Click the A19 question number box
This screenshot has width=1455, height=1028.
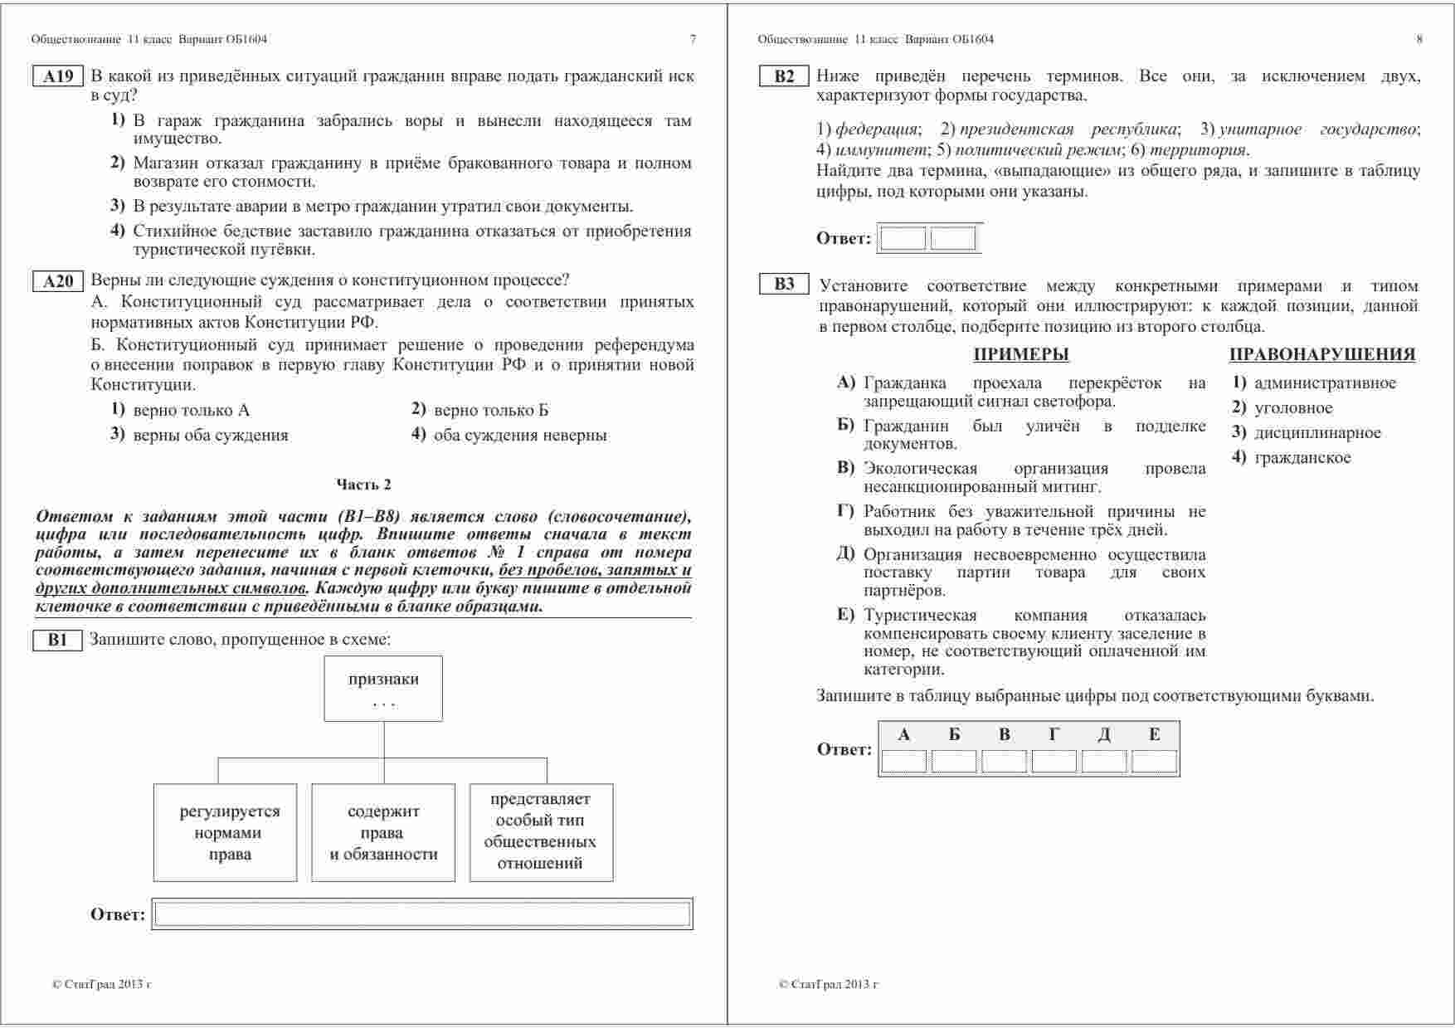click(58, 77)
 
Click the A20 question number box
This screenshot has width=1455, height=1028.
click(58, 282)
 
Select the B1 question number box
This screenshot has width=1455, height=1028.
click(57, 641)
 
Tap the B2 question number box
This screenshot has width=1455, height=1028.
click(784, 77)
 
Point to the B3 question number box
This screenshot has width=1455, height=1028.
click(784, 285)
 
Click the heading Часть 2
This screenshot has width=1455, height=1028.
click(363, 485)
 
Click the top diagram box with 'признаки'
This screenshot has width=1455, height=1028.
click(383, 689)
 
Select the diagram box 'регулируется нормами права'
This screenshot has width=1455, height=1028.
click(226, 832)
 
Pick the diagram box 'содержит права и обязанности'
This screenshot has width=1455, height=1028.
click(383, 832)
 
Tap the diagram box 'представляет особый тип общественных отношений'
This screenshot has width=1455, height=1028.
click(541, 831)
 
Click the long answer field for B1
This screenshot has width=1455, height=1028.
click(422, 914)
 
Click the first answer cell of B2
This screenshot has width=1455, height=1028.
click(903, 239)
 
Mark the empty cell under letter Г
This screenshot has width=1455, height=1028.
click(1054, 761)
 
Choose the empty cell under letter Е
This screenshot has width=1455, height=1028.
click(1154, 761)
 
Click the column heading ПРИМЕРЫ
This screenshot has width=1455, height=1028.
click(1021, 355)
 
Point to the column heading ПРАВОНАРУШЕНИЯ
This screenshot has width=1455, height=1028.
click(1322, 355)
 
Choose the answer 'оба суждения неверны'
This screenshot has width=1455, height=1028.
click(520, 436)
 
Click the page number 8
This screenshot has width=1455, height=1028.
click(1419, 39)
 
